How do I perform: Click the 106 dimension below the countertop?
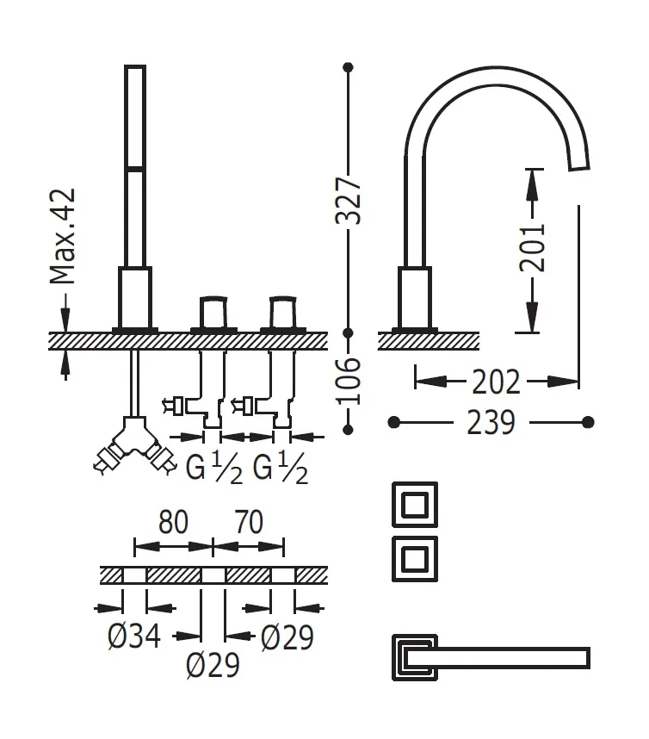pos(348,380)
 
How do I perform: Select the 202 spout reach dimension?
pos(496,379)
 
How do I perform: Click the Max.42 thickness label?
pos(62,236)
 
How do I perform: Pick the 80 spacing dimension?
pos(173,522)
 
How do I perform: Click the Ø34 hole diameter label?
pos(135,637)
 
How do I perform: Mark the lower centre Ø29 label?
pos(213,665)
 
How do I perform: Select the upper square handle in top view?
pos(416,504)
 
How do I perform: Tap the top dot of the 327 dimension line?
pos(348,66)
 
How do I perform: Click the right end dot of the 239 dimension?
pos(588,422)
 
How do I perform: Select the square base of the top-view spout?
pos(411,657)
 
